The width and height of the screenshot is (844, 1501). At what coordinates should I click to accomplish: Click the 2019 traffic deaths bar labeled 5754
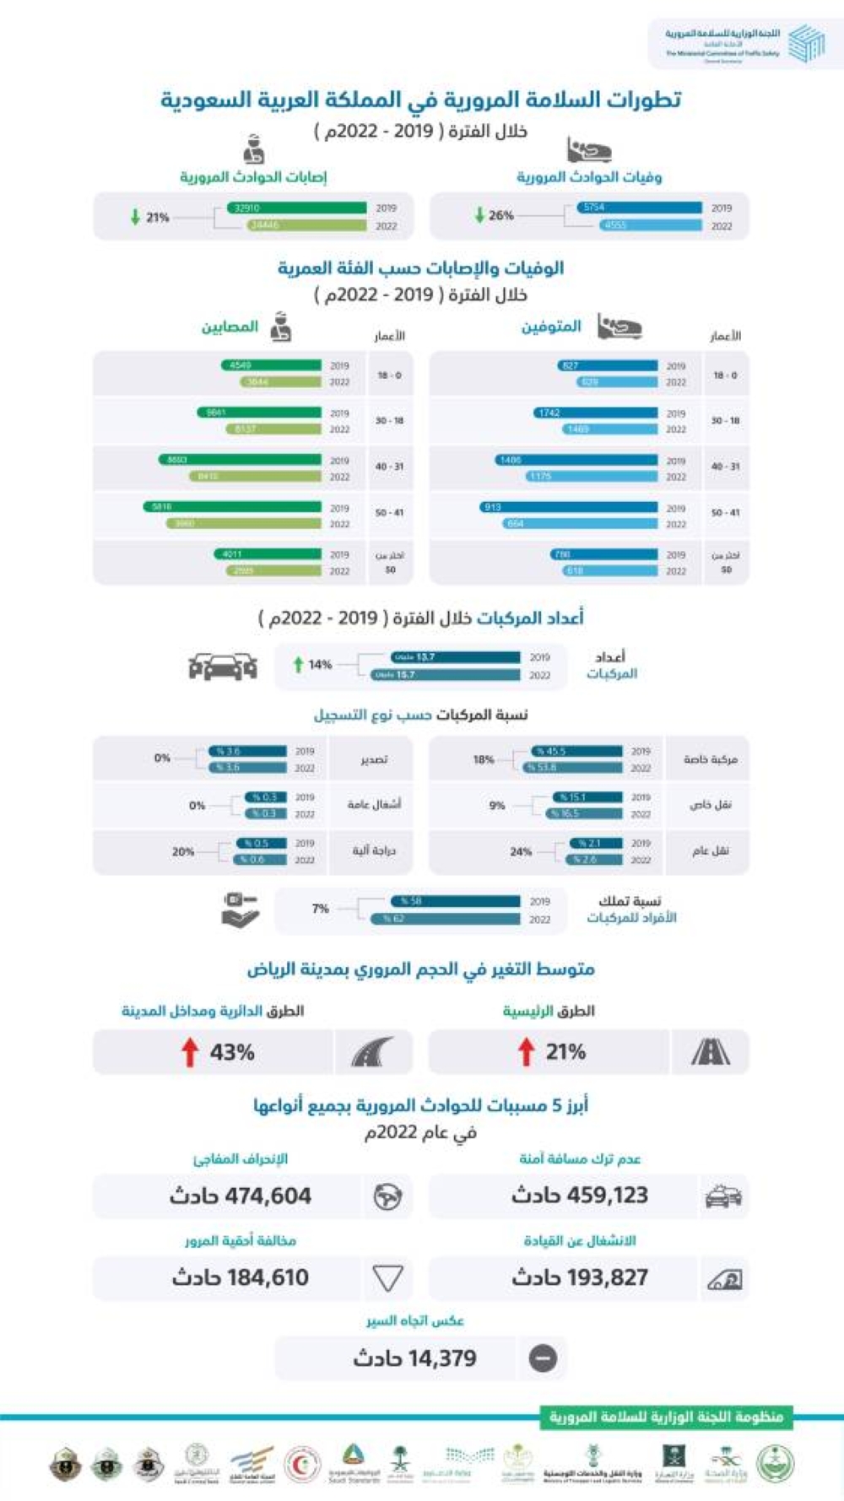coord(639,208)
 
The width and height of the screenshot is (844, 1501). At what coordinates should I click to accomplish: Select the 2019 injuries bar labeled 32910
coord(296,208)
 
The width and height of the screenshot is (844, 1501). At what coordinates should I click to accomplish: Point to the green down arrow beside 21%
coord(135,217)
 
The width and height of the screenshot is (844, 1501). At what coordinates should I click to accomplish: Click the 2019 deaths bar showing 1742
coord(595,413)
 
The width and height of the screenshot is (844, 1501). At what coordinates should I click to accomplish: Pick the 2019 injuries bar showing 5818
coord(232,507)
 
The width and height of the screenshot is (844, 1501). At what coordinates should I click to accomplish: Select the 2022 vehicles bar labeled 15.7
coord(445,675)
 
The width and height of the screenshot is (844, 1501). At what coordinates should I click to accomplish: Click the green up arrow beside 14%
coord(298,665)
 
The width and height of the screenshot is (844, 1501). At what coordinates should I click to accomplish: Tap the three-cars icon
coord(222,667)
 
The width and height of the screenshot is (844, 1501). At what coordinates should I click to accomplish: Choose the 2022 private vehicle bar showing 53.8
coord(572,768)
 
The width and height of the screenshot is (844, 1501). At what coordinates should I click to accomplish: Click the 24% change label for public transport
coord(521,852)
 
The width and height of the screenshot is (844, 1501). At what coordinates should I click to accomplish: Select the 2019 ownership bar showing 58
coord(455,901)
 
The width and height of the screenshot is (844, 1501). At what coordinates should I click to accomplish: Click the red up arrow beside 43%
coord(190,1052)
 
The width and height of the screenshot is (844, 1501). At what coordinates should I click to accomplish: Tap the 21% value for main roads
coord(565,1052)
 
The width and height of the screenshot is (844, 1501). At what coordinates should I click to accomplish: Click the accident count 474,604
coord(241,1196)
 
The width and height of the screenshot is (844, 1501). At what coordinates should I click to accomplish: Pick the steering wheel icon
coord(387,1196)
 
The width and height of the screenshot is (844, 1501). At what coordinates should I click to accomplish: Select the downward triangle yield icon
coord(387,1278)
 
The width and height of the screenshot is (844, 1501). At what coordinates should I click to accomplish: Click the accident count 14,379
coord(414,1358)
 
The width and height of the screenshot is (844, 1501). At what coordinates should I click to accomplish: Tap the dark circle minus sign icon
coord(543,1358)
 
